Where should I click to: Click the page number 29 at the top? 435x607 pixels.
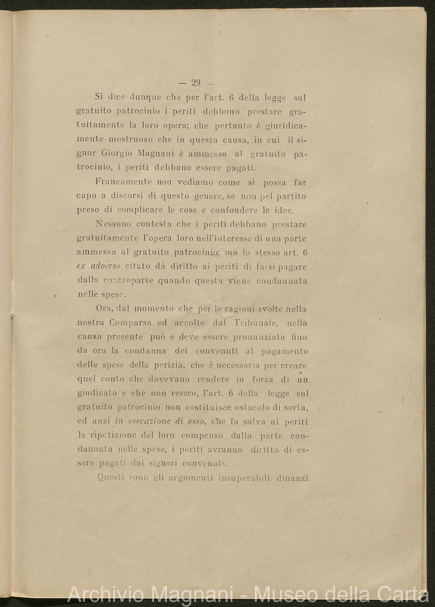pyautogui.click(x=195, y=83)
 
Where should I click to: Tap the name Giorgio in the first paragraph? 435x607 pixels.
pyautogui.click(x=116, y=153)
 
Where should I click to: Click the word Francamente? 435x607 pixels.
pyautogui.click(x=123, y=182)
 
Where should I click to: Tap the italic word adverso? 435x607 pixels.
pyautogui.click(x=105, y=266)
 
